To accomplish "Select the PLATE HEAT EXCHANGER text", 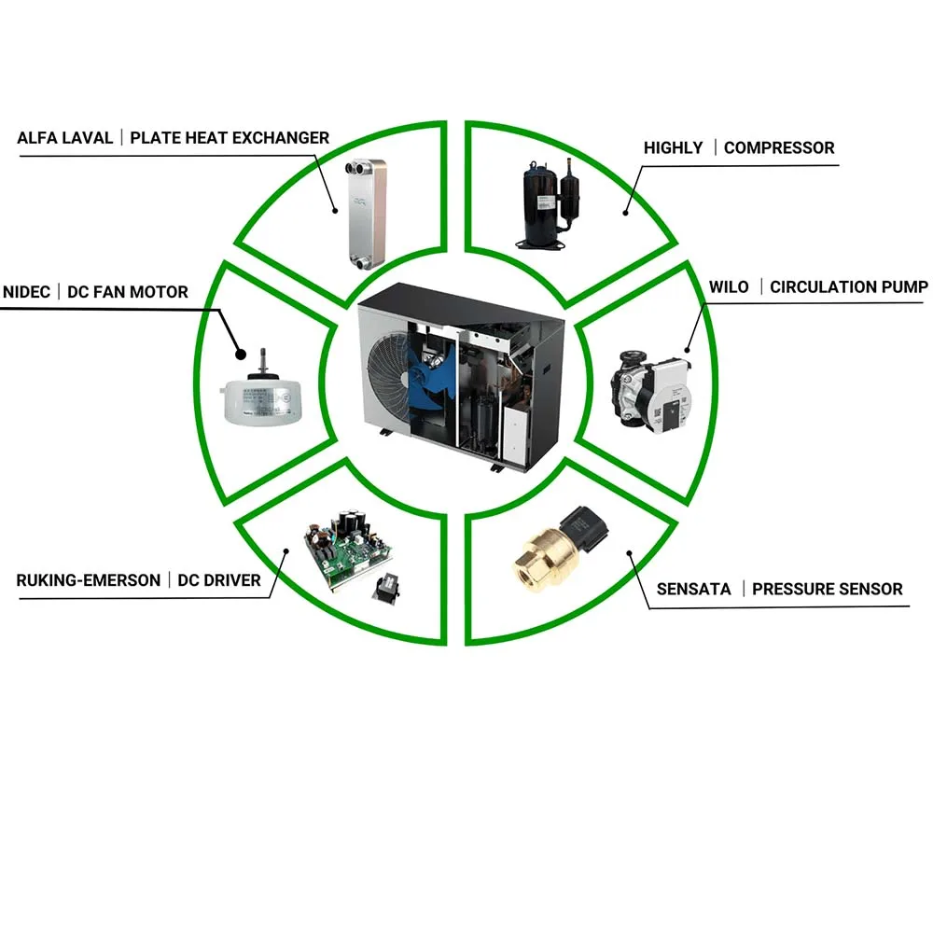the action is click(x=230, y=138).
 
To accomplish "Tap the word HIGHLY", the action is click(x=673, y=147).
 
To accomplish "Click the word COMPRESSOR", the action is click(x=779, y=147).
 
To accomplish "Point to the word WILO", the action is click(x=729, y=286).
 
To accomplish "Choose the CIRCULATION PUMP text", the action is click(x=848, y=286).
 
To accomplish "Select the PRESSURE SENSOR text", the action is click(x=827, y=589).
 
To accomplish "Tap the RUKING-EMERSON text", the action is click(x=89, y=580).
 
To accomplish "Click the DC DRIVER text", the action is click(x=219, y=580).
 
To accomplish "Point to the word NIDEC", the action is click(x=27, y=292).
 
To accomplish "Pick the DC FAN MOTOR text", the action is click(x=127, y=292).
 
